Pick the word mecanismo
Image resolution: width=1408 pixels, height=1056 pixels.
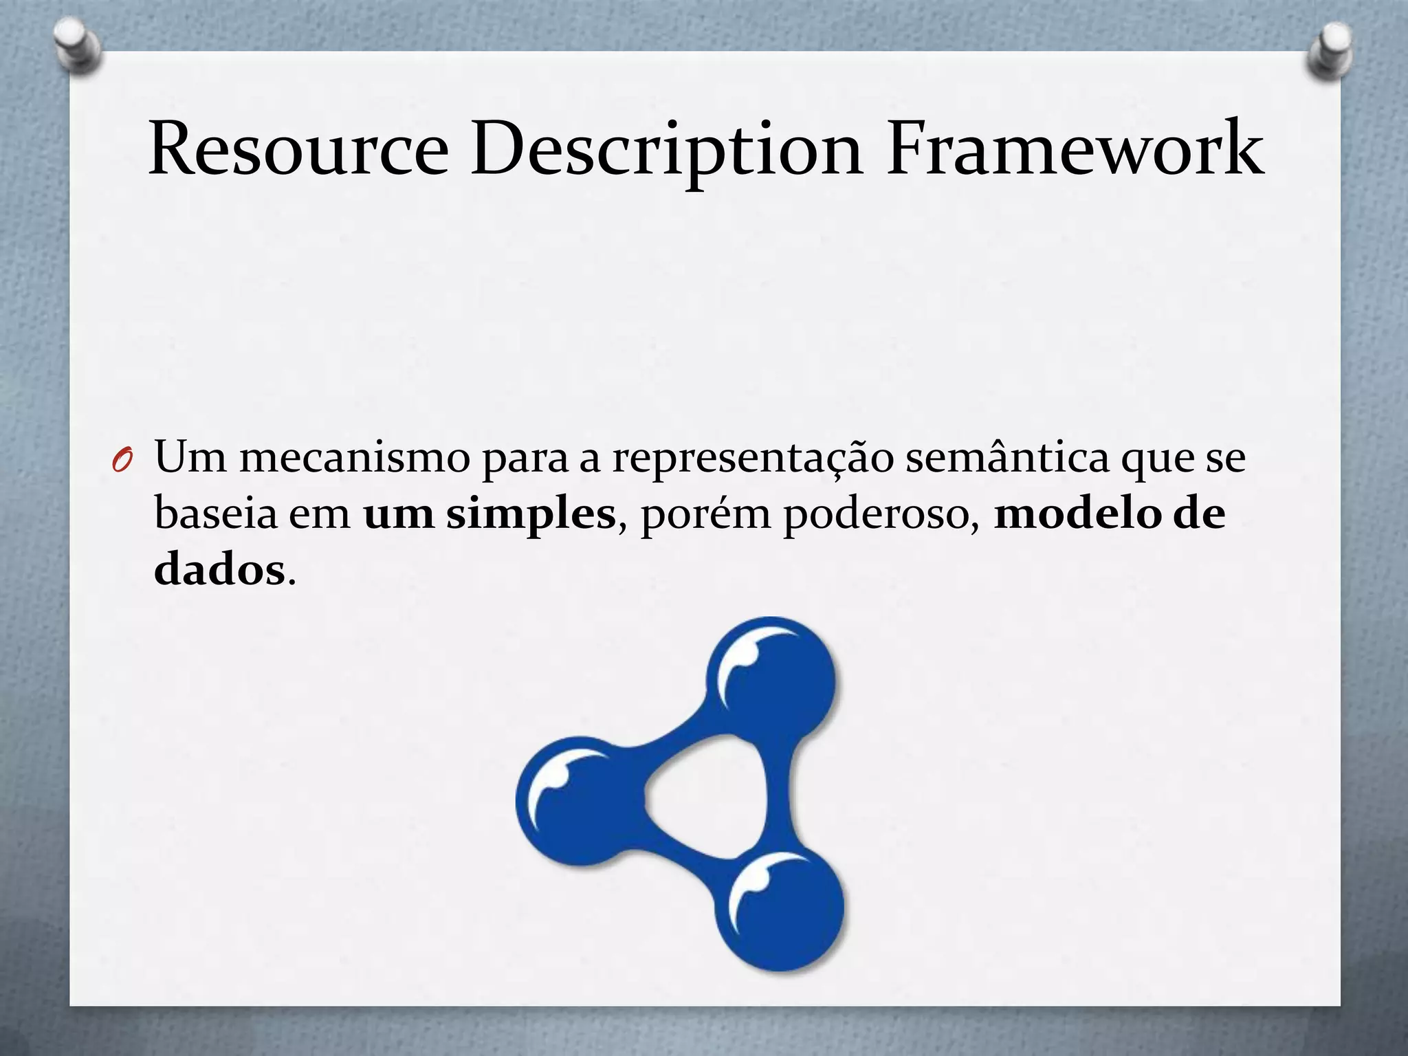coord(354,457)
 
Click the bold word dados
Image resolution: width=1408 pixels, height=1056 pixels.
coord(219,570)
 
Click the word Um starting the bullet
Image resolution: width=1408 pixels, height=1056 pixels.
coord(190,457)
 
